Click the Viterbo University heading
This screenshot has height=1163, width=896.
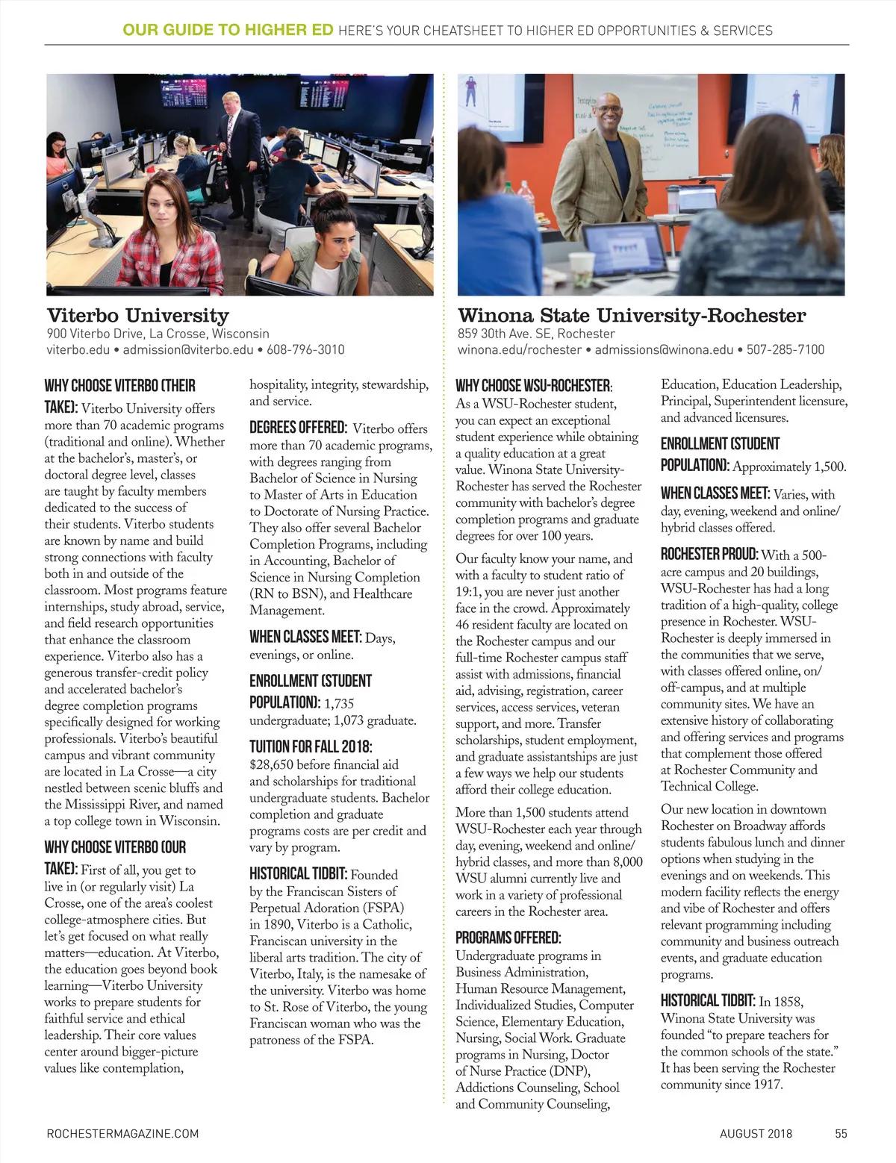137,315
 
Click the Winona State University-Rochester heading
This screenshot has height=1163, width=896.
632,315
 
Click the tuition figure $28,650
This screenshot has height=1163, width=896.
275,764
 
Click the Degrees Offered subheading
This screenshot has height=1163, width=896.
297,428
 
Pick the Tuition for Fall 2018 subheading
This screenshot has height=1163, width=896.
310,746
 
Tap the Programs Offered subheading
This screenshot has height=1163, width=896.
508,938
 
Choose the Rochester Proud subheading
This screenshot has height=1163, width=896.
709,555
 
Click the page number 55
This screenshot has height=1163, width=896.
841,1133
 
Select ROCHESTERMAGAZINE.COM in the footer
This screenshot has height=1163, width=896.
122,1133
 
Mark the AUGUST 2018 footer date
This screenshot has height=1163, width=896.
756,1133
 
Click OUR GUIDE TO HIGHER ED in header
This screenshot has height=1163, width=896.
228,31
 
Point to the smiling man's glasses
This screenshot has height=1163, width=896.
606,109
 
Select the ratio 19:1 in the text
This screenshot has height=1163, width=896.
471,591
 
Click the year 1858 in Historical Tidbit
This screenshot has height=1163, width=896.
789,1002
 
